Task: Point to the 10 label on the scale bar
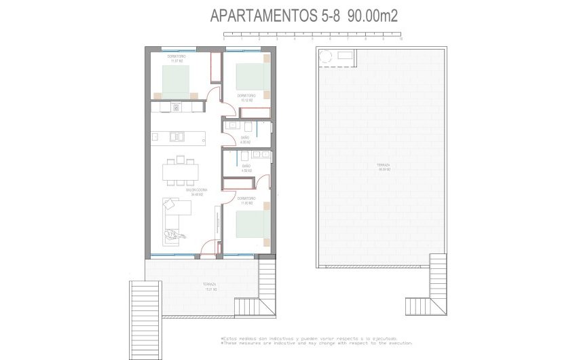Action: pyautogui.click(x=402, y=39)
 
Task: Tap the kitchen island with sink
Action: pyautogui.click(x=180, y=137)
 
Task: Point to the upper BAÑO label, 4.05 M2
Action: pyautogui.click(x=245, y=139)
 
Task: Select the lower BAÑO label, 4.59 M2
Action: pyautogui.click(x=246, y=168)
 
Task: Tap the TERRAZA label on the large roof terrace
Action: pyautogui.click(x=384, y=167)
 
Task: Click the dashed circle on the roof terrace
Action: pyautogui.click(x=325, y=58)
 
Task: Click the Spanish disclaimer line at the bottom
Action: pyautogui.click(x=313, y=338)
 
